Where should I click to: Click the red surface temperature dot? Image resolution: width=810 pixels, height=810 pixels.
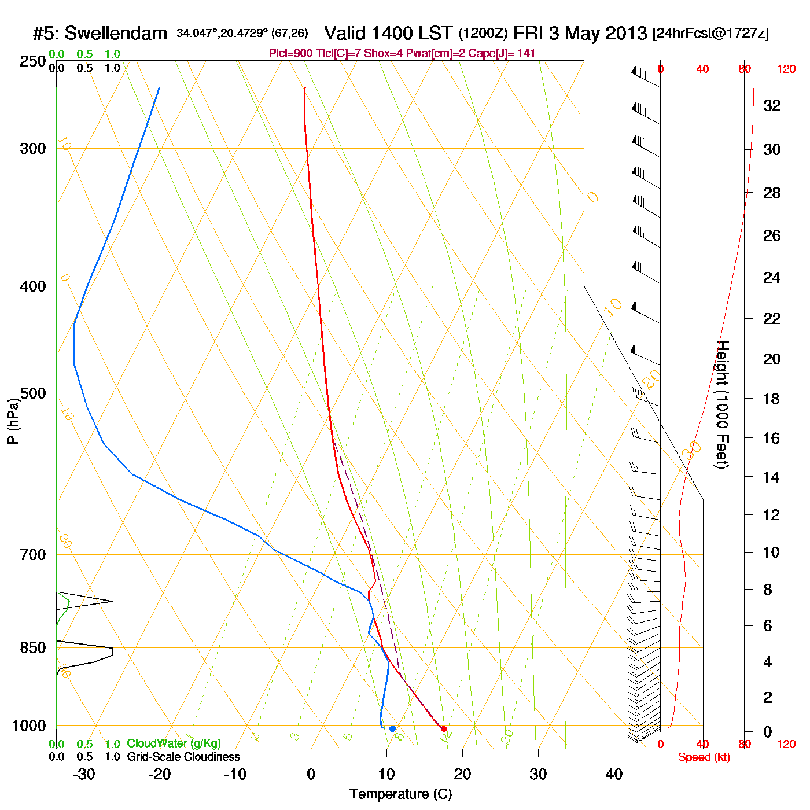pyautogui.click(x=444, y=729)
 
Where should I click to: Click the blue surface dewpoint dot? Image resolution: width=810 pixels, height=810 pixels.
pyautogui.click(x=392, y=729)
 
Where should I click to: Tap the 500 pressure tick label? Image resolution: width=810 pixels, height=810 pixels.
pyautogui.click(x=33, y=393)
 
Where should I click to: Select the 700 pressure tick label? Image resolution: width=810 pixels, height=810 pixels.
pyautogui.click(x=33, y=555)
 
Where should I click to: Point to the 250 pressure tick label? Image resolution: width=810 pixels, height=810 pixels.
pyautogui.click(x=33, y=61)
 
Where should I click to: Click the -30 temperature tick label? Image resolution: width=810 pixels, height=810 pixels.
pyautogui.click(x=84, y=774)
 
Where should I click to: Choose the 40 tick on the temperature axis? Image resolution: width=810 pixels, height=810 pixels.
pyautogui.click(x=614, y=774)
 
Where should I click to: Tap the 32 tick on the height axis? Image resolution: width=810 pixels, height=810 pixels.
pyautogui.click(x=772, y=105)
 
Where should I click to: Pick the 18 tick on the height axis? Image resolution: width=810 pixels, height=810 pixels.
pyautogui.click(x=772, y=399)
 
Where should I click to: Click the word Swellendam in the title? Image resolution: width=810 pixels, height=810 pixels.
pyautogui.click(x=116, y=34)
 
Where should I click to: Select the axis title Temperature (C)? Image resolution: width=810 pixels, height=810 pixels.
pyautogui.click(x=400, y=794)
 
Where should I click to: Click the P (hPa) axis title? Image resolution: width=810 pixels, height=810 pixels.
pyautogui.click(x=13, y=421)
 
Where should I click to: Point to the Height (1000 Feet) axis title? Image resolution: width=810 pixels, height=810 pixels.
pyautogui.click(x=722, y=404)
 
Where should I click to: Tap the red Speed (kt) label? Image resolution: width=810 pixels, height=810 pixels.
pyautogui.click(x=704, y=757)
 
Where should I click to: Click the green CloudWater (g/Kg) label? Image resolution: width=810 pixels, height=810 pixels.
pyautogui.click(x=174, y=743)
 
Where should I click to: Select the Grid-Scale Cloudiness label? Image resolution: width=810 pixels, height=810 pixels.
pyautogui.click(x=183, y=757)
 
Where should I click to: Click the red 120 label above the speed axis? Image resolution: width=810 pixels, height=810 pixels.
pyautogui.click(x=786, y=69)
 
